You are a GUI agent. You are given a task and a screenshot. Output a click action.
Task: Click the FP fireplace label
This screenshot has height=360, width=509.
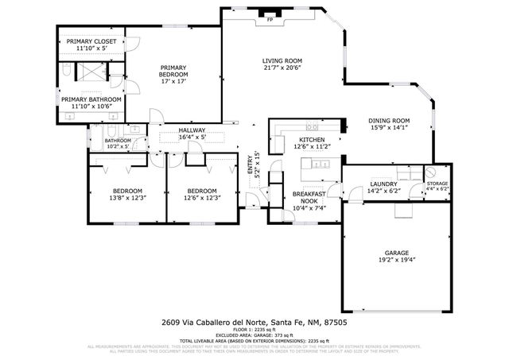(x=270, y=18)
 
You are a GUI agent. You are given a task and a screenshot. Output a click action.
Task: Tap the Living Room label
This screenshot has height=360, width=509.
(x=282, y=61)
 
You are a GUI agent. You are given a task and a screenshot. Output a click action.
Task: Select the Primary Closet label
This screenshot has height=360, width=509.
(x=91, y=41)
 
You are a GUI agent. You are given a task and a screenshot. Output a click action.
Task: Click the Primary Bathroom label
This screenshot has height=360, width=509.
(x=91, y=99)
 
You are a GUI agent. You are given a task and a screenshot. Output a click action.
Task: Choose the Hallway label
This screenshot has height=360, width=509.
(x=192, y=130)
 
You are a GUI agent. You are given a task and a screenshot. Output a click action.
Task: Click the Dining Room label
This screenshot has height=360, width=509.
(x=389, y=122)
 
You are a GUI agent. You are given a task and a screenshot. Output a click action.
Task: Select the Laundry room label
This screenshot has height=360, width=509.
(x=384, y=184)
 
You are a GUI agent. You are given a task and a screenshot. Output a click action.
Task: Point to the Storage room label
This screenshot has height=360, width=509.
(x=437, y=184)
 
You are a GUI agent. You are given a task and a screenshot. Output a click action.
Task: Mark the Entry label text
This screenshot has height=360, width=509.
(x=249, y=165)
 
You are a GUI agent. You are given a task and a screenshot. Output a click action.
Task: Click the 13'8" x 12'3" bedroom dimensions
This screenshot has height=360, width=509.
(x=126, y=198)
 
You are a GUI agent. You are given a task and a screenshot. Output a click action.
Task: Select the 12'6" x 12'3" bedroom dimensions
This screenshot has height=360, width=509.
(x=201, y=198)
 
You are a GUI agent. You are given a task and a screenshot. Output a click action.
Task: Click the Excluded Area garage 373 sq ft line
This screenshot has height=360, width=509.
(x=254, y=335)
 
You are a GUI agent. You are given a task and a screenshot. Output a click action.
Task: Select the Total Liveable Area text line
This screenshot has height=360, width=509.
(x=254, y=340)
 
